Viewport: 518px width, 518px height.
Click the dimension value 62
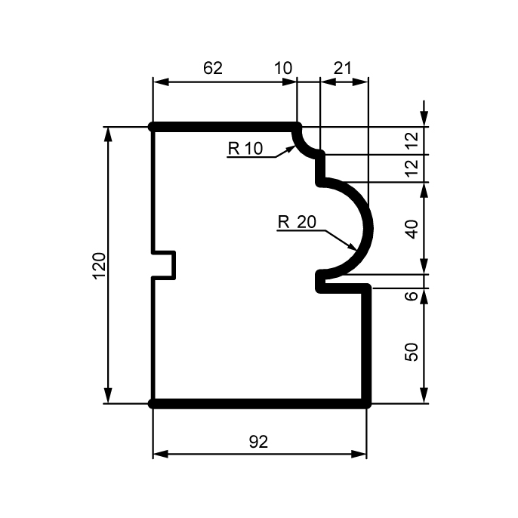(x=213, y=68)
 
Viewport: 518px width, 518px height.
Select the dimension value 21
(x=343, y=68)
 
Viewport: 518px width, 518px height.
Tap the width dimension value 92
(x=258, y=442)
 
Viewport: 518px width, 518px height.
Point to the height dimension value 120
(x=100, y=266)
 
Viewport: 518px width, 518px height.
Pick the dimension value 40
(x=412, y=229)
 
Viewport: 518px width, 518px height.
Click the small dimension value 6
(x=412, y=296)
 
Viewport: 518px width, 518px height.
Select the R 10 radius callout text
(x=245, y=148)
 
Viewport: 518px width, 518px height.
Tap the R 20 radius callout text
(x=297, y=222)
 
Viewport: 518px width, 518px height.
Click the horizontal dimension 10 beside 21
(x=283, y=68)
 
